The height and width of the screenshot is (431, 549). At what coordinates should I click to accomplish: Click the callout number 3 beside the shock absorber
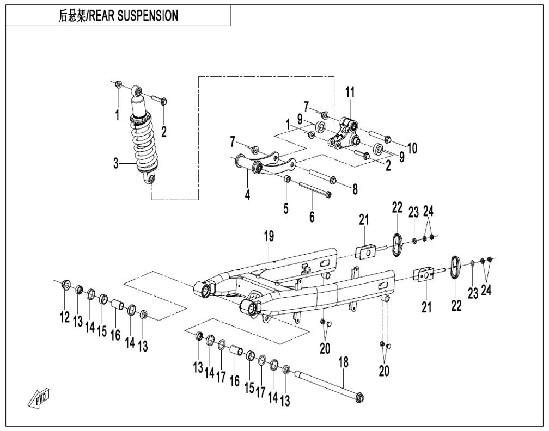pyautogui.click(x=115, y=163)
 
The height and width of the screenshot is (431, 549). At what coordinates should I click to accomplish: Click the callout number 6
pyautogui.click(x=312, y=217)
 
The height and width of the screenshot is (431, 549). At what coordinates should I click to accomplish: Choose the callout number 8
pyautogui.click(x=355, y=189)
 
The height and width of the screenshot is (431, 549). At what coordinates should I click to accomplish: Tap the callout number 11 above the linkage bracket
pyautogui.click(x=349, y=93)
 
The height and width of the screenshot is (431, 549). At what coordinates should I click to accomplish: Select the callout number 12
pyautogui.click(x=65, y=317)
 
